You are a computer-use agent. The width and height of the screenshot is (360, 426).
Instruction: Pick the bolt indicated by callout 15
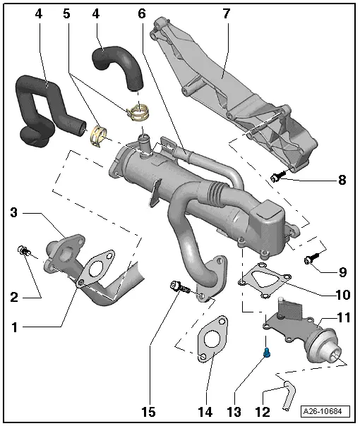(x=177, y=286)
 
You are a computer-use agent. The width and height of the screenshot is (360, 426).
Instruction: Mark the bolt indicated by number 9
(x=309, y=260)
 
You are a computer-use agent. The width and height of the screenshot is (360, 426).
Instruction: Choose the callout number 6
(x=142, y=14)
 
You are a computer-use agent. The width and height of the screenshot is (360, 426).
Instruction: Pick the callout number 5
(x=66, y=14)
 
